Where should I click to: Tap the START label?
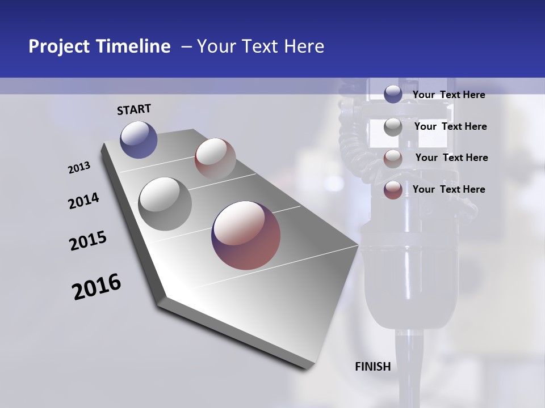click(x=134, y=109)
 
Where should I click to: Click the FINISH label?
click(x=373, y=367)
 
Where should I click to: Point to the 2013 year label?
click(x=79, y=168)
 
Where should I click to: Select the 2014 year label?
click(x=83, y=201)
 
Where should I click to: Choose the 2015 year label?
click(x=88, y=241)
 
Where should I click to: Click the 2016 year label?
click(x=97, y=287)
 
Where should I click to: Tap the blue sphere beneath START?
click(x=139, y=139)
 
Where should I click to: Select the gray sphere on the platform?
click(x=165, y=203)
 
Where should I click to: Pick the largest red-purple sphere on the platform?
click(x=246, y=235)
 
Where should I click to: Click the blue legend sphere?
click(x=393, y=94)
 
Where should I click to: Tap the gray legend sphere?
click(x=393, y=127)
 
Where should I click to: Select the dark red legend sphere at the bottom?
click(x=393, y=190)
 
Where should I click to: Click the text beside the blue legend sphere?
click(x=448, y=95)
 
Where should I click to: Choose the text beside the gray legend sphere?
click(x=450, y=126)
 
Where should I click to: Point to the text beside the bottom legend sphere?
click(x=448, y=189)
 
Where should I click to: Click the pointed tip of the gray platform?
click(x=358, y=245)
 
